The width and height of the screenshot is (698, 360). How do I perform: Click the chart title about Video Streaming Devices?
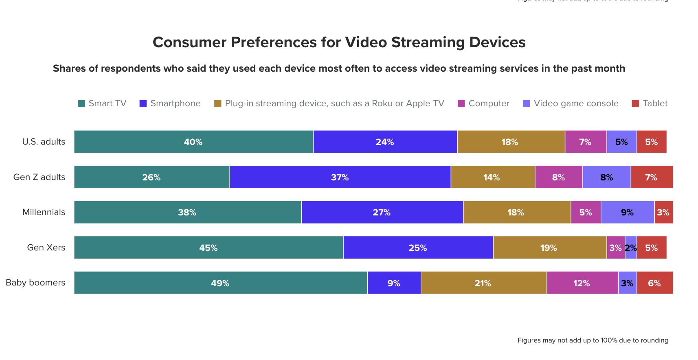(x=339, y=42)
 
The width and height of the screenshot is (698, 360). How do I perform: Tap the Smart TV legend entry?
(x=102, y=103)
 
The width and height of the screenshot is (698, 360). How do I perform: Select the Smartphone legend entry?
(x=170, y=103)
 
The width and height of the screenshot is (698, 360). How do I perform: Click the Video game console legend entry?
(x=571, y=103)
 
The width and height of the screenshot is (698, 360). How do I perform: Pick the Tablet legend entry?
(x=650, y=103)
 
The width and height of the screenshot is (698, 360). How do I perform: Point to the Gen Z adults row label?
(x=39, y=177)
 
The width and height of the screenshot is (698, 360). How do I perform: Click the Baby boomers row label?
(x=35, y=283)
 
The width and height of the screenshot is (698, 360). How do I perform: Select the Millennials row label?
(x=44, y=212)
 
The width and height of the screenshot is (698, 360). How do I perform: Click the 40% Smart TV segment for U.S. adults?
(x=193, y=142)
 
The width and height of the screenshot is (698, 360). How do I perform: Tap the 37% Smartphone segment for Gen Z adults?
(x=340, y=177)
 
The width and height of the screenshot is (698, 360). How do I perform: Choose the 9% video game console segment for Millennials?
(x=627, y=212)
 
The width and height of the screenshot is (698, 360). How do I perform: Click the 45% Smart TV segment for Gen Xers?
(x=209, y=248)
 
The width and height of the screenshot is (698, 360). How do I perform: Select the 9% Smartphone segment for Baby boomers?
(x=394, y=283)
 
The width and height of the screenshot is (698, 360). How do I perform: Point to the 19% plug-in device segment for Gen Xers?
(x=549, y=248)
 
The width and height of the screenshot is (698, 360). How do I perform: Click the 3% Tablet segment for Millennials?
(x=663, y=212)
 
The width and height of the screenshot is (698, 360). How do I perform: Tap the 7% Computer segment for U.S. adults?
(x=585, y=142)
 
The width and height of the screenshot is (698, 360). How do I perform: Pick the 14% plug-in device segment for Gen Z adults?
(x=492, y=177)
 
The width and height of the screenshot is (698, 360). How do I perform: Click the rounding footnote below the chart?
(x=593, y=340)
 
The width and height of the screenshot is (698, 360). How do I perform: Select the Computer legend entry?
(x=484, y=103)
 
